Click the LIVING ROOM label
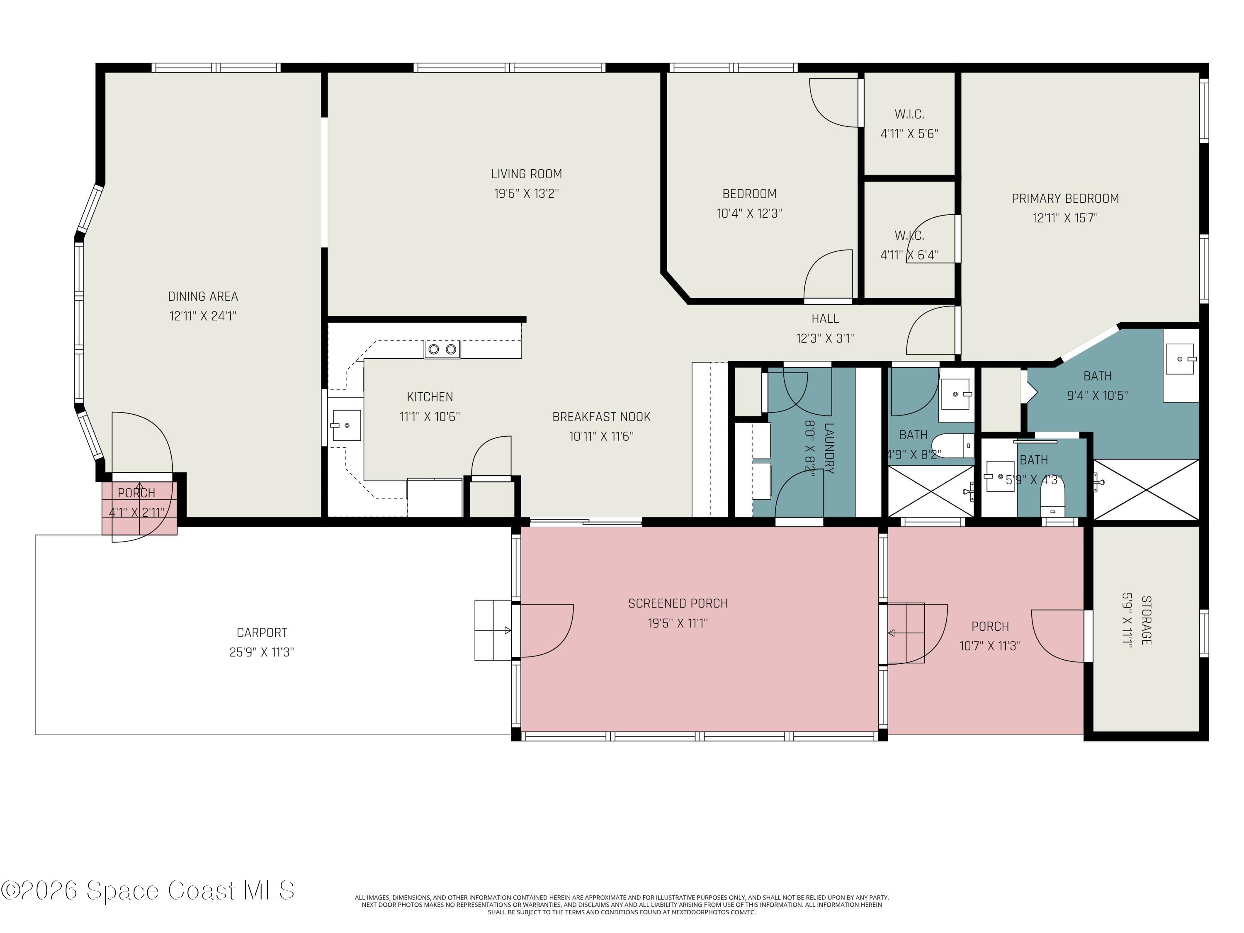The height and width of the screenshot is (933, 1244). point(526,174)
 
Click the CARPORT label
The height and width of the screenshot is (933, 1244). point(262,633)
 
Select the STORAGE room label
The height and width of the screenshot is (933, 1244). point(1146,620)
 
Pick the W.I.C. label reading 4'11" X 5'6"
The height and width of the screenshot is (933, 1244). point(909,134)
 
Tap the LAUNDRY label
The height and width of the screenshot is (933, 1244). point(829,448)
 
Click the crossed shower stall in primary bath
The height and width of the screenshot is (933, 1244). point(1146,489)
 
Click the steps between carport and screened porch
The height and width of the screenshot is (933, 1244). point(492,630)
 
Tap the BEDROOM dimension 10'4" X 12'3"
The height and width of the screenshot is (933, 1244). point(749,214)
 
